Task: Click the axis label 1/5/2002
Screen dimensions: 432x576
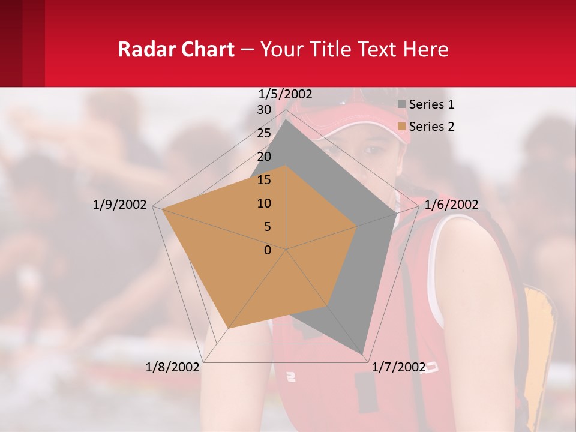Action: point(286,94)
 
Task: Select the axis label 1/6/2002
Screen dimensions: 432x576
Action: point(451,205)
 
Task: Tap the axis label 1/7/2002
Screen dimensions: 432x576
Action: point(399,367)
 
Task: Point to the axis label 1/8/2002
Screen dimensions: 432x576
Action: point(173,367)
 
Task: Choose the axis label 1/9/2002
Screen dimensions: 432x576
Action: point(120,205)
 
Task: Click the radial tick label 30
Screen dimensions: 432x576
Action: point(264,110)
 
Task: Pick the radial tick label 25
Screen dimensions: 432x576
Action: point(264,133)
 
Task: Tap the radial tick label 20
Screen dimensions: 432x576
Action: point(264,157)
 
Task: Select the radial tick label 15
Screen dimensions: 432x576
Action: point(264,180)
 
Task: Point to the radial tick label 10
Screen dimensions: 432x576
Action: point(264,203)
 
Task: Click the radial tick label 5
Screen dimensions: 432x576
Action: point(267,227)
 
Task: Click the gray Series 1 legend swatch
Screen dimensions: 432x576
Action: point(402,104)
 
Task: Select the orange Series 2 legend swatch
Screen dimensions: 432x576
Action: point(402,127)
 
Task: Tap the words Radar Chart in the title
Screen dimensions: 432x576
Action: point(176,49)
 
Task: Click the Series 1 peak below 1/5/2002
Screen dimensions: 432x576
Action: point(286,120)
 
